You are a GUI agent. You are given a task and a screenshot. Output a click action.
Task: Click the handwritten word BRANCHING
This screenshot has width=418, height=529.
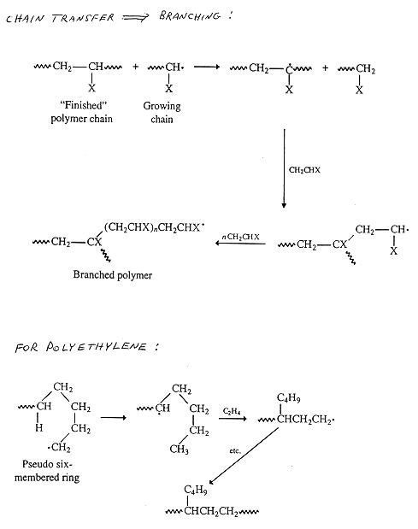[x=191, y=16]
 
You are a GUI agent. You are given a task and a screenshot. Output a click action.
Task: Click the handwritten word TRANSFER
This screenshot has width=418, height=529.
[x=83, y=18]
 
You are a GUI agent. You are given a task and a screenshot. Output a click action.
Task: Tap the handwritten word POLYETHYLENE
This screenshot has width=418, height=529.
[x=96, y=347]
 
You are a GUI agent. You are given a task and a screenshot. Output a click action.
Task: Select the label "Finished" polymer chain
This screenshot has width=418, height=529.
[x=82, y=112]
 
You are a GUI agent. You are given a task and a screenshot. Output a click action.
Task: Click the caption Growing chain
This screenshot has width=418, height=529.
[x=162, y=112]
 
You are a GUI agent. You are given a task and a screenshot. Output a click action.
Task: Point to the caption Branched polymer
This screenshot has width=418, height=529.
[x=113, y=275]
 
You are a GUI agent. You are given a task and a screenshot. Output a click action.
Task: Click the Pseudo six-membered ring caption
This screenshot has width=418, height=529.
[x=47, y=471]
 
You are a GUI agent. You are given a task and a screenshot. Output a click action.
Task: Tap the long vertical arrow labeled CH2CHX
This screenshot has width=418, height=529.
[x=284, y=168]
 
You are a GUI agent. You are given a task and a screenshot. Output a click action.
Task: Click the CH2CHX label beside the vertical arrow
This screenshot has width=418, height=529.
[x=304, y=170]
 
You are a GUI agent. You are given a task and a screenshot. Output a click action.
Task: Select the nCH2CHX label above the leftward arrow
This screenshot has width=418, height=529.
[x=240, y=237]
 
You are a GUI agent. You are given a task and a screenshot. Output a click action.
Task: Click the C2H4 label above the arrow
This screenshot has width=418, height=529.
[x=232, y=411]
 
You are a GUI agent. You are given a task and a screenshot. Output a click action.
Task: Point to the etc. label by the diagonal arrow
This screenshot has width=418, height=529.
[x=235, y=450]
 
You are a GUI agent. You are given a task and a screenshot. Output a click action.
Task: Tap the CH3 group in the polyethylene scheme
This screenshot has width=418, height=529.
[x=180, y=450]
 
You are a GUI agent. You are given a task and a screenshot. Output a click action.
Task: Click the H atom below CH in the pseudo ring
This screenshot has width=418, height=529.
[x=39, y=428]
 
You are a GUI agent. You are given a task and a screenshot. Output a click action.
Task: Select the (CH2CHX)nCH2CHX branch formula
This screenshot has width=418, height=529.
[x=155, y=227]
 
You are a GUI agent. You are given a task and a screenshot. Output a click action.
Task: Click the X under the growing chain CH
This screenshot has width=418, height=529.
[x=168, y=89]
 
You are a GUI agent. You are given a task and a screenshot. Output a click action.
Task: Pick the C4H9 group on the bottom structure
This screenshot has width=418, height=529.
[x=196, y=490]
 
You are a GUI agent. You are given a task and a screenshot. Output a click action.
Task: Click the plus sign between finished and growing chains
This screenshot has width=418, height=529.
[x=135, y=67]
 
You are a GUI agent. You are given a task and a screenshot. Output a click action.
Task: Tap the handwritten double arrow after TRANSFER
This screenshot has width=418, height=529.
[x=134, y=18]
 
